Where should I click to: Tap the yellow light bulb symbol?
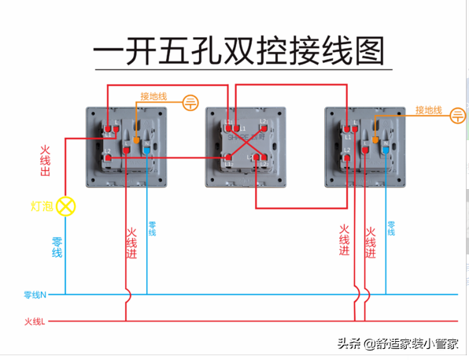[66, 207]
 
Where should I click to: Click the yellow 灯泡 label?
[41, 207]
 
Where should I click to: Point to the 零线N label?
[35, 295]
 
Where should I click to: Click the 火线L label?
[35, 321]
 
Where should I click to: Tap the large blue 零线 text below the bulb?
[57, 247]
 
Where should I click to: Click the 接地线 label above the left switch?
[153, 97]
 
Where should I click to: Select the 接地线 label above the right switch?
[428, 110]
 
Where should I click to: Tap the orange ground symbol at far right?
[458, 117]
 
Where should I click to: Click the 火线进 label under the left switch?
[131, 243]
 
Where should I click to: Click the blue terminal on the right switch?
[385, 147]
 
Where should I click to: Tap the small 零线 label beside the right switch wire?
[391, 228]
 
